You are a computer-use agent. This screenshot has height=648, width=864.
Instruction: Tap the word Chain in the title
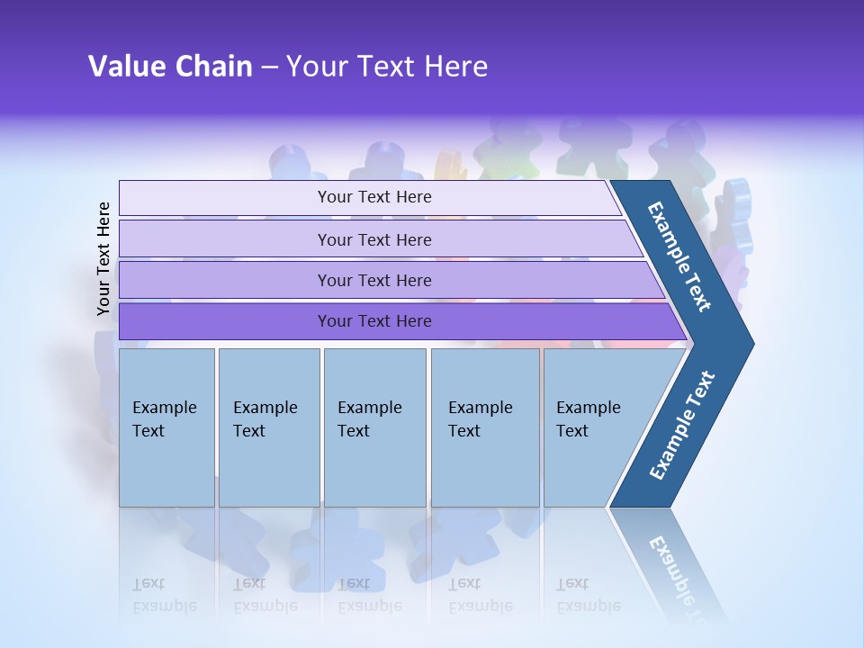213,67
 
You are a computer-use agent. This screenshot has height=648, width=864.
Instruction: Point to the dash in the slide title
269,67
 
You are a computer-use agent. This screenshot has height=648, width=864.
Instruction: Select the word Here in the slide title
455,67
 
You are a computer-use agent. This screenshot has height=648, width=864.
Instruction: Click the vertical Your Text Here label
103,258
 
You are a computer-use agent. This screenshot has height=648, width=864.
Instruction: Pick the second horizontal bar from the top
374,239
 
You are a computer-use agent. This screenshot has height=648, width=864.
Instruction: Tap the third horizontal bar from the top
374,280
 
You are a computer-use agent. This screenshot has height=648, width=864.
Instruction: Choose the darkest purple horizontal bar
374,321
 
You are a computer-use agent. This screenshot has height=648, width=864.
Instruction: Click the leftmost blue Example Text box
166,427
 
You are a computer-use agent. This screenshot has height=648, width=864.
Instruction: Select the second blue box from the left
268,427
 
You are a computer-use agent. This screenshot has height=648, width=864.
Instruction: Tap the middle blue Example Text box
374,427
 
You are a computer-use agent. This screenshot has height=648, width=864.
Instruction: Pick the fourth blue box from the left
484,427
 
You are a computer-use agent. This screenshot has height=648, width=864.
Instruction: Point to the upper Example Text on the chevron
679,256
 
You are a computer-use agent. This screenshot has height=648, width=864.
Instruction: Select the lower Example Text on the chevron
681,426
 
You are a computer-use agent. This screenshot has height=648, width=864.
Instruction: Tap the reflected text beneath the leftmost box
164,595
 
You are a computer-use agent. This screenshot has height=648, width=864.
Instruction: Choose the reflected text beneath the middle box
369,595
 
